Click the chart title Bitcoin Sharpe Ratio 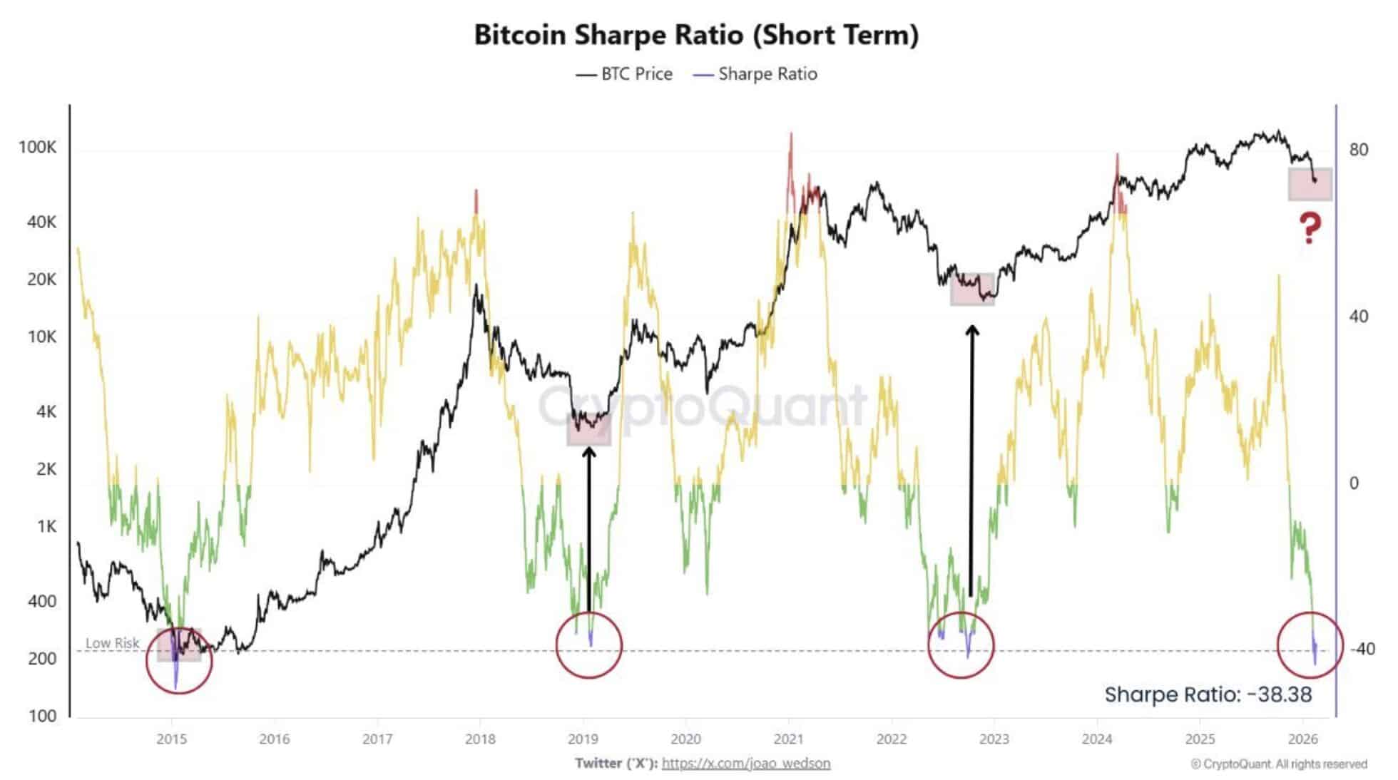coord(696,35)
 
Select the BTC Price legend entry coord(625,74)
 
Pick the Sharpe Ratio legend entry coord(756,74)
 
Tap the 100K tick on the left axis coord(37,148)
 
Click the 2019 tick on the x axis coord(583,739)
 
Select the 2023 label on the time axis coord(994,739)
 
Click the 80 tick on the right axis coord(1358,150)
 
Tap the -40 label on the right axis coord(1363,649)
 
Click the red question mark coord(1310,228)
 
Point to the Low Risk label coord(112,642)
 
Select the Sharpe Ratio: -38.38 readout coord(1208,694)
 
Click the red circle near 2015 coord(179,660)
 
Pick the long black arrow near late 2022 coord(971,460)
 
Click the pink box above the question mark coord(1310,184)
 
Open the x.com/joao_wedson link coord(745,763)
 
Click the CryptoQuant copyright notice coord(1278,764)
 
